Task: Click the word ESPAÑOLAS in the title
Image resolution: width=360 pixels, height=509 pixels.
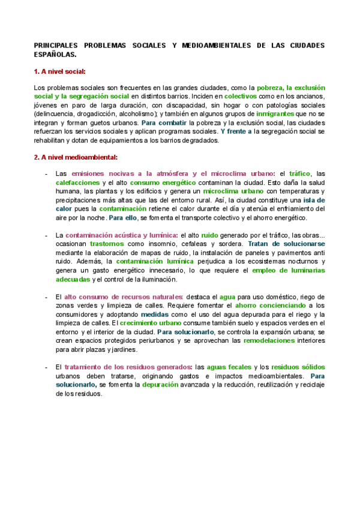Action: pyautogui.click(x=55, y=54)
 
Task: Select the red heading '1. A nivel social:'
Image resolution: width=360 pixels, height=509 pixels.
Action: pyautogui.click(x=59, y=71)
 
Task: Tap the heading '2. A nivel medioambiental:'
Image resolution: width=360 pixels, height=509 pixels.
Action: pyautogui.click(x=75, y=157)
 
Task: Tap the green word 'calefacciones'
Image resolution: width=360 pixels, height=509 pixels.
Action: pyautogui.click(x=78, y=182)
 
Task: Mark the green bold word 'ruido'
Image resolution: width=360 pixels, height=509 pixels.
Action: pyautogui.click(x=209, y=236)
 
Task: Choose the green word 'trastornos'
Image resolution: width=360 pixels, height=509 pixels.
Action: pyautogui.click(x=107, y=244)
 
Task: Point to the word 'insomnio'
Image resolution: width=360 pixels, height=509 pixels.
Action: pyautogui.click(x=166, y=244)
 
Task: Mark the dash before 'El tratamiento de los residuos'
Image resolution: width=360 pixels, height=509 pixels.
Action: pyautogui.click(x=47, y=367)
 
